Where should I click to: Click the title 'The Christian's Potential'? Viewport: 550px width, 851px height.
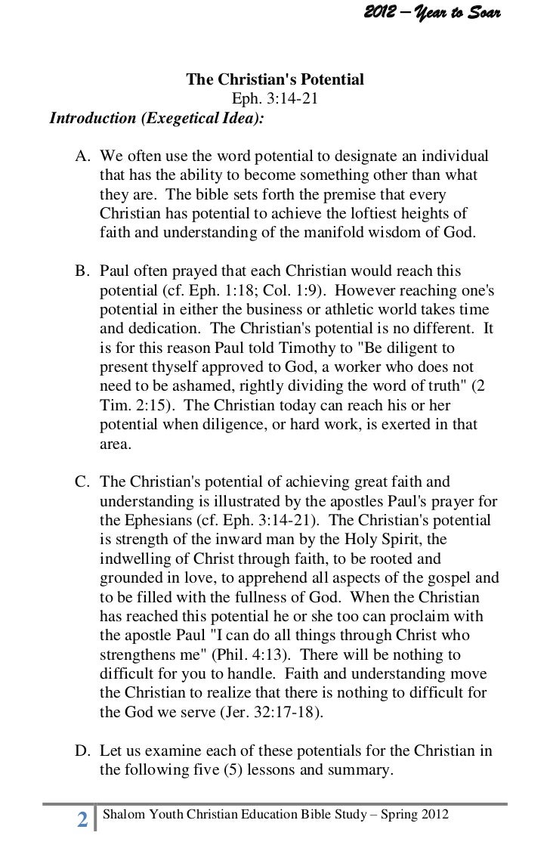coord(275,79)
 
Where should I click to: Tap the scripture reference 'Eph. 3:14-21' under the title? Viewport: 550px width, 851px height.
coord(275,99)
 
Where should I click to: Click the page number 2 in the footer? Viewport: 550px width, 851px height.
coord(82,819)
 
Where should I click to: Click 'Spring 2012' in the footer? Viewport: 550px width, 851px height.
coord(417,815)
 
